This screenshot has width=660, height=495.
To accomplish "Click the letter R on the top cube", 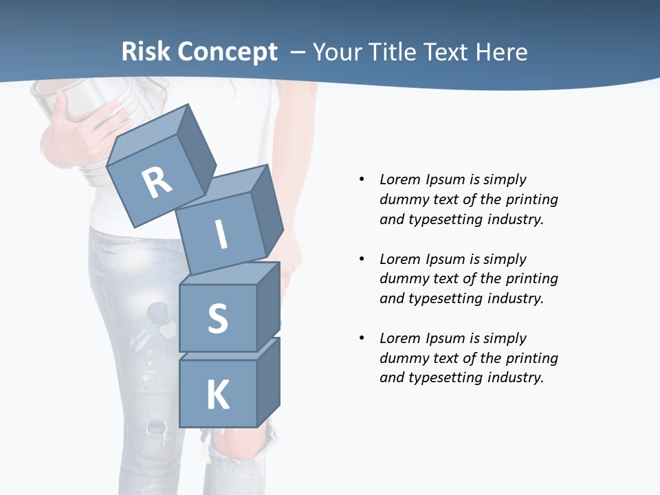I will (157, 183).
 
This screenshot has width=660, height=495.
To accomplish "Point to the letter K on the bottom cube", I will (217, 395).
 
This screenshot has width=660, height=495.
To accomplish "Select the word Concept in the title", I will (228, 52).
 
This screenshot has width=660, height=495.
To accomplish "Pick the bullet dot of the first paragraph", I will (362, 179).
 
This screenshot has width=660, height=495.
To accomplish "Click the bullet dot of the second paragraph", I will (362, 259).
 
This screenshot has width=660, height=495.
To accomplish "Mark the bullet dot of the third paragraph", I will (362, 338).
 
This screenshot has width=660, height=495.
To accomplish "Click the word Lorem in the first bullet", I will (399, 179).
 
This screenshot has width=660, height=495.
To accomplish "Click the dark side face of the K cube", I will (268, 382).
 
